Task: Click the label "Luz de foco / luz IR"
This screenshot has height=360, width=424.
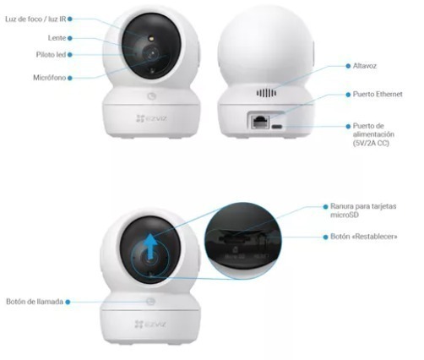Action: coord(35,19)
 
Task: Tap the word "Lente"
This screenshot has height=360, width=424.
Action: coord(57,38)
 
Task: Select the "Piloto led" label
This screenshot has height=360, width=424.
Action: coord(51,55)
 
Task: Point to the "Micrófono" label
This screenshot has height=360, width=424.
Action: coord(50,78)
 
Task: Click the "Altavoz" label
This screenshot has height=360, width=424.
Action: coord(365,66)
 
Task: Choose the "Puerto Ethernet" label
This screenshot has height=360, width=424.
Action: coord(378,94)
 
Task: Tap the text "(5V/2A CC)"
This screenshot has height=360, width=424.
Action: coord(371,143)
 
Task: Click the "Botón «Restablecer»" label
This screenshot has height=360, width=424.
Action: coord(364,237)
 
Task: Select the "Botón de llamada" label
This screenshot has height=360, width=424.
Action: coord(35,302)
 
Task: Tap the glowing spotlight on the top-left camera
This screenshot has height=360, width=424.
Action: coord(151,38)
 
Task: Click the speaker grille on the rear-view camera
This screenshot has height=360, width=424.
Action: coord(266,93)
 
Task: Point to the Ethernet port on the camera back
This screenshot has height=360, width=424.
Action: coord(260,122)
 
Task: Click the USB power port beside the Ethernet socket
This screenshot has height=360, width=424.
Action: coord(276,126)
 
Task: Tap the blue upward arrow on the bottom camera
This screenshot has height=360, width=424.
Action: coord(151,246)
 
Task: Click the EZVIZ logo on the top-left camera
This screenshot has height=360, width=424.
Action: coord(151,118)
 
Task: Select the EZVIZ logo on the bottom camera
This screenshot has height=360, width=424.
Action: coord(150,324)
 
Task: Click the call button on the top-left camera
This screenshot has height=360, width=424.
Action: coord(151,96)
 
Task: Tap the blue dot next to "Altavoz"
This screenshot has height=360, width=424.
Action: coord(348,66)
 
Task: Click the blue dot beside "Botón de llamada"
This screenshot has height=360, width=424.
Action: coord(68,302)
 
